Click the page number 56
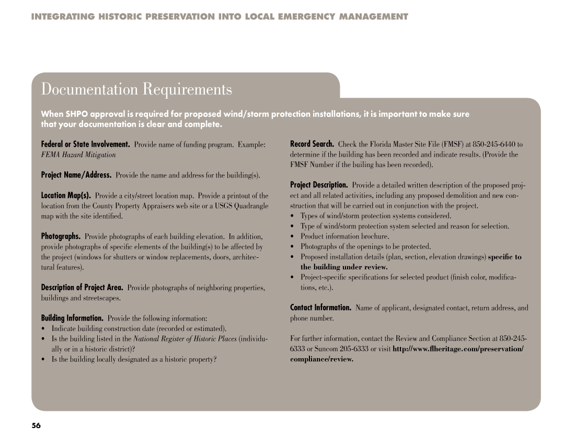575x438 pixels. [x=36, y=425]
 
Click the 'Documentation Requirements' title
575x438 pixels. [x=136, y=89]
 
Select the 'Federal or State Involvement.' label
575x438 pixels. [x=86, y=144]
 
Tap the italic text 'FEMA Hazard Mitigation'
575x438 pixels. [x=78, y=155]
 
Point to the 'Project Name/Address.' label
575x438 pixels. [x=76, y=175]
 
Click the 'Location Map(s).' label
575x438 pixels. [x=66, y=195]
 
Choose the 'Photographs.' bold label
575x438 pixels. [x=61, y=236]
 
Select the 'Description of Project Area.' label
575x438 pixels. [x=83, y=288]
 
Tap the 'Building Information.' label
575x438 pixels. [x=73, y=318]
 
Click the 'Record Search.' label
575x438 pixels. [x=312, y=144]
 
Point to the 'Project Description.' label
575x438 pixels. [x=319, y=185]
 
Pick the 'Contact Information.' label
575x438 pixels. [x=321, y=308]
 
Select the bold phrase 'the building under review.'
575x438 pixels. [x=344, y=267]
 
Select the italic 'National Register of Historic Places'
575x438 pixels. [x=185, y=338]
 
